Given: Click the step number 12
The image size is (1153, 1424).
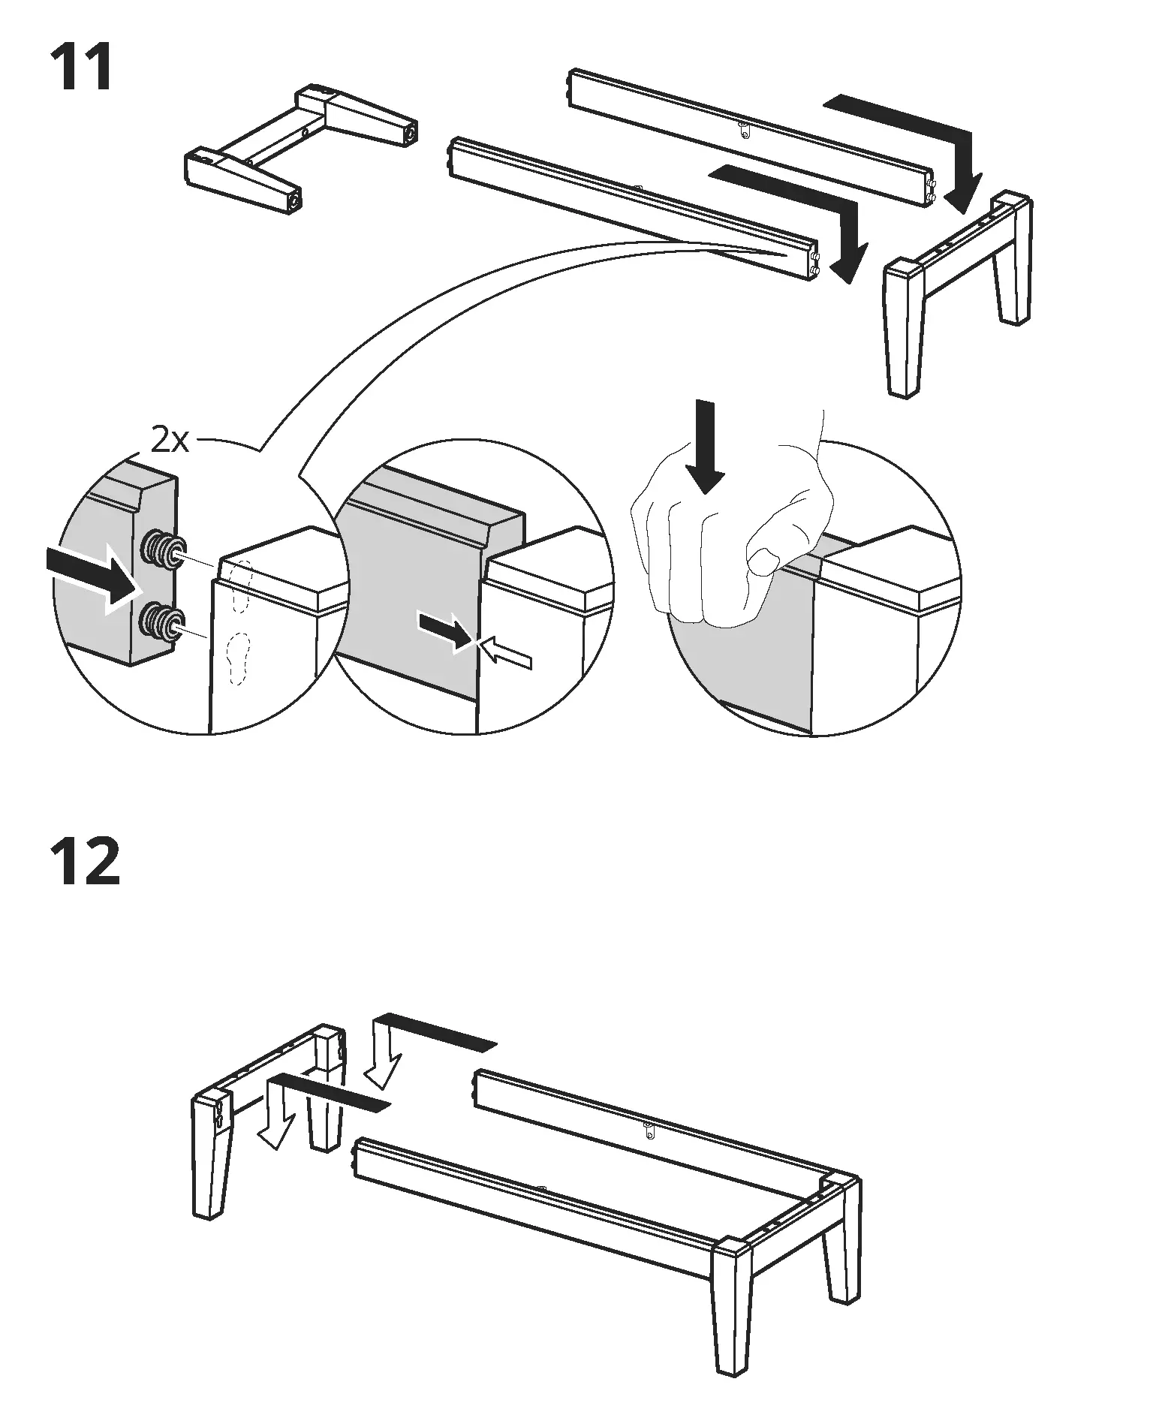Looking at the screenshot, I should [x=84, y=863].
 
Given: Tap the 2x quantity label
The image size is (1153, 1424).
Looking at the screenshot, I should [x=170, y=441].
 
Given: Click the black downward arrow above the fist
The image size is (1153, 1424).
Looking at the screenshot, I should [x=704, y=447].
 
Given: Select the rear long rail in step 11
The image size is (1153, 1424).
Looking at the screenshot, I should [x=751, y=135].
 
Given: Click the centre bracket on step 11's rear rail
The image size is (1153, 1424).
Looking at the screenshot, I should [x=743, y=130].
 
